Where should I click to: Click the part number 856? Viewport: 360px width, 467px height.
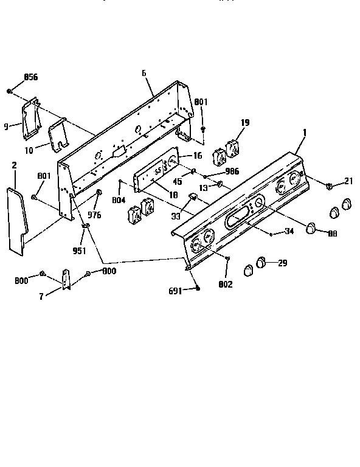click(30, 77)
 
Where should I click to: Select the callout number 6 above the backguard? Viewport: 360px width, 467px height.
click(144, 73)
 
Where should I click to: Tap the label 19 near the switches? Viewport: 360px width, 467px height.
click(244, 122)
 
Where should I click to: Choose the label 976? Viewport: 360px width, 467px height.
click(94, 215)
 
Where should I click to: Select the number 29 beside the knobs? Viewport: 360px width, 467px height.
click(282, 263)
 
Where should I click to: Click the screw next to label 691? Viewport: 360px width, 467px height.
click(198, 288)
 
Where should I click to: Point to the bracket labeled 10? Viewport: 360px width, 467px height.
click(60, 135)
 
